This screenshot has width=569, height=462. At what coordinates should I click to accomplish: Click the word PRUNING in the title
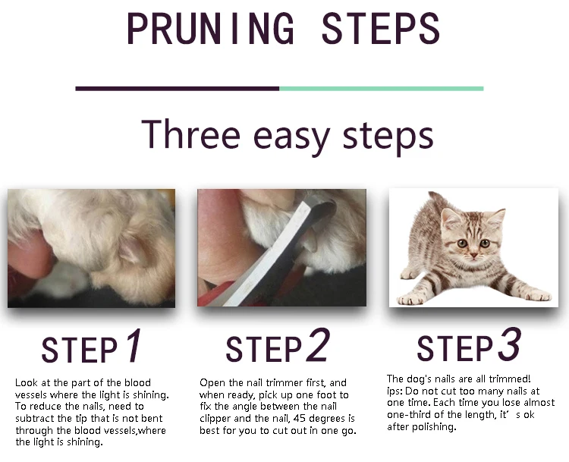[x=211, y=28]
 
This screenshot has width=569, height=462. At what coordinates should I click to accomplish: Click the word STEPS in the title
[x=381, y=28]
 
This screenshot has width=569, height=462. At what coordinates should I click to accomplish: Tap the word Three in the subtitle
[x=190, y=134]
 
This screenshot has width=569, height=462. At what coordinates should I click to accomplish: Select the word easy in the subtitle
[x=292, y=138]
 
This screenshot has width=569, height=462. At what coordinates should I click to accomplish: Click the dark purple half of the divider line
[x=177, y=89]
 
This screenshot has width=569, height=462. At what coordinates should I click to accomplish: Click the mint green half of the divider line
[x=382, y=89]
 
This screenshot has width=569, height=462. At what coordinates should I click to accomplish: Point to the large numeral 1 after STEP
[x=134, y=345]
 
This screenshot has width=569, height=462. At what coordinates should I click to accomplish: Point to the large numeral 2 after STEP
[x=318, y=344]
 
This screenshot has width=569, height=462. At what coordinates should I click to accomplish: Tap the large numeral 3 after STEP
[x=510, y=344]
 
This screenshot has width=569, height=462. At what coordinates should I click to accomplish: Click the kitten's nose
[x=474, y=256]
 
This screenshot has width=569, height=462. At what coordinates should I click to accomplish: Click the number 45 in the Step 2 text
[x=300, y=419]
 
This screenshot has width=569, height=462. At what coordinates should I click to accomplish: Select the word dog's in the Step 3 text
[x=417, y=379]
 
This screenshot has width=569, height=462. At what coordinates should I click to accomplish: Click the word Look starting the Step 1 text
[x=27, y=382]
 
